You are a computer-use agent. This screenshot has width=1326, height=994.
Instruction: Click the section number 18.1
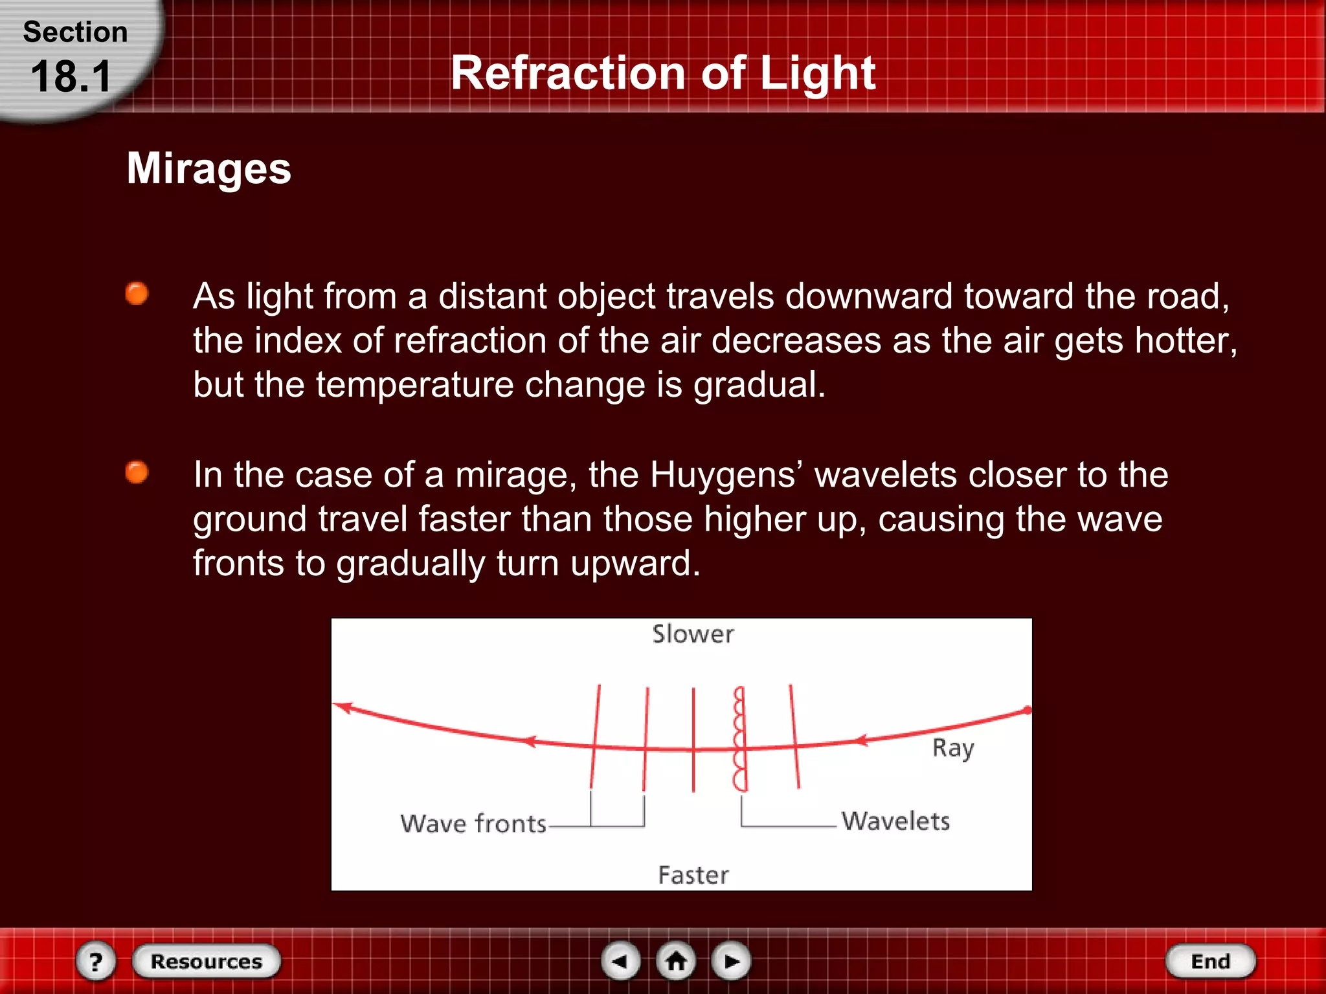(x=71, y=77)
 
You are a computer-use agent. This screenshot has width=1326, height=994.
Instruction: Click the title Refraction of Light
(x=663, y=72)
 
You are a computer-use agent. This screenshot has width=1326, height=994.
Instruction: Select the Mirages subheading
(x=208, y=168)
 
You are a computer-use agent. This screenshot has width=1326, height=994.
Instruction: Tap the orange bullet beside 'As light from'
(x=137, y=293)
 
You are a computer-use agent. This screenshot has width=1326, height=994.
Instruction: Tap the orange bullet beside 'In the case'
(x=137, y=472)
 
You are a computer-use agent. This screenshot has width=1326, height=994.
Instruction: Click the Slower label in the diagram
(x=693, y=634)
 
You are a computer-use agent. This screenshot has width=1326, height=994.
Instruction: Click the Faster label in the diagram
(x=693, y=875)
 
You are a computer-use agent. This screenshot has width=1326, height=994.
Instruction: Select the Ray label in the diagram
(x=952, y=748)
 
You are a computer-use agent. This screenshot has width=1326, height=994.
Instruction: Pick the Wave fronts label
(x=473, y=824)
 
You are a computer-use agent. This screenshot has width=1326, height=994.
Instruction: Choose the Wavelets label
(x=895, y=821)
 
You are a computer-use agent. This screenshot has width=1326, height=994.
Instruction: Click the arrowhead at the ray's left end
(x=343, y=707)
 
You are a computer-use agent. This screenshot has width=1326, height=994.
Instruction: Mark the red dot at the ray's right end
(x=1027, y=711)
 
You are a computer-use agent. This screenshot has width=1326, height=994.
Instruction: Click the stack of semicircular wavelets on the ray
(x=739, y=739)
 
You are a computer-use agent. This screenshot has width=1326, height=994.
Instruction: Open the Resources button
(x=206, y=961)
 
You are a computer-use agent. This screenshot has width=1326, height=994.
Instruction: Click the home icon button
(x=676, y=961)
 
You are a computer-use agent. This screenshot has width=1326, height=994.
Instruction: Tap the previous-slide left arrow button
(x=620, y=961)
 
